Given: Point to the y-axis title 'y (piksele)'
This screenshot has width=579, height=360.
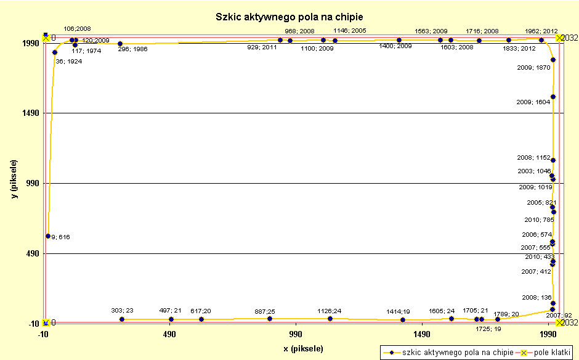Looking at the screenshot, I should coord(14,179).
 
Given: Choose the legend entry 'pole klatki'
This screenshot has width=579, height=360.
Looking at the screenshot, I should coord(548,352).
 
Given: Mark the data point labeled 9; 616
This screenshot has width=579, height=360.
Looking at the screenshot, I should coord(48,236).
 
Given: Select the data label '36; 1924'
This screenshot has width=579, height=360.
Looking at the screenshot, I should coord(68,62).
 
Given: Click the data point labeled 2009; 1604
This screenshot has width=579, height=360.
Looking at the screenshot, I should coord(553,97).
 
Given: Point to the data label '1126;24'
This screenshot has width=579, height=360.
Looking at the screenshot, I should coord(330,311).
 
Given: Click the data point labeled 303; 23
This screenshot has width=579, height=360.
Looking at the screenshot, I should coord(122,319).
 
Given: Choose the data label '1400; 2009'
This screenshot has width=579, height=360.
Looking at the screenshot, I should coord(395,46).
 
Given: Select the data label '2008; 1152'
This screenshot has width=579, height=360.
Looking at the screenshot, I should coord(533,158).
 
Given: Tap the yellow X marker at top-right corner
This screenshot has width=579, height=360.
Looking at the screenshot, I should coord(559,38).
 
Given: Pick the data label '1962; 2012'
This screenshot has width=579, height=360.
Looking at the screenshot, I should coord(541,31).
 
